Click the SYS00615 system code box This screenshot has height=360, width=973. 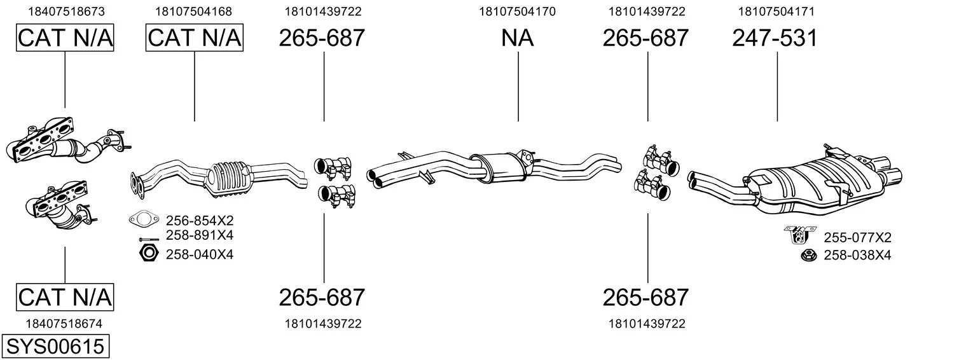[x=55, y=346]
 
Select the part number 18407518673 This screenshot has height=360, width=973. [x=67, y=11]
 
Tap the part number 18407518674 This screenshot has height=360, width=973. [x=64, y=324]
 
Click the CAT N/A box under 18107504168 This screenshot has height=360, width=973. [x=194, y=38]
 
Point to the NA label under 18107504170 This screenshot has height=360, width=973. [x=517, y=38]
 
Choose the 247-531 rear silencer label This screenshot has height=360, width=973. [x=775, y=38]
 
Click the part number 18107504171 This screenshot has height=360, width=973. [x=776, y=11]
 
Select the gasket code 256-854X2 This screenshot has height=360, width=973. [x=200, y=220]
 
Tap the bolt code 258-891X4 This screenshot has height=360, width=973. [x=200, y=235]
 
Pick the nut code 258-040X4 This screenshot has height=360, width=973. [x=200, y=254]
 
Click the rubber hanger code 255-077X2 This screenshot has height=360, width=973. [x=857, y=237]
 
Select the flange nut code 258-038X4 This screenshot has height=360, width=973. [x=857, y=255]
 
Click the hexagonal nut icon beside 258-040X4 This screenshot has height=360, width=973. [x=149, y=253]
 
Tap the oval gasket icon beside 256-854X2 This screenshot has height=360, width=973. [x=144, y=219]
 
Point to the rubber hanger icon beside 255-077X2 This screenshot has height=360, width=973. [x=799, y=235]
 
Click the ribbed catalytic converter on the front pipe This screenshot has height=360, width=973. [x=230, y=179]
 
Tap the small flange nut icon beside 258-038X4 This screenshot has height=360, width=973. [x=809, y=255]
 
